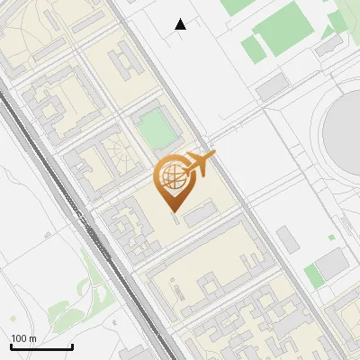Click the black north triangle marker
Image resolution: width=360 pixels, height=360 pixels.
tap(181, 24)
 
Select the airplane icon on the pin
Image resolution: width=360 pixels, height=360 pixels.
tap(199, 164)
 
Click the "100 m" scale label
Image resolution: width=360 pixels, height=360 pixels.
tap(23, 338)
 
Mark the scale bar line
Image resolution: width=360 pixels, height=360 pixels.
tap(41, 347)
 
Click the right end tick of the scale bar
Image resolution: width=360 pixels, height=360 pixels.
tap(72, 346)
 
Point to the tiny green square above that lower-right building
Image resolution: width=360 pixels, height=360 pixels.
tap(331, 238)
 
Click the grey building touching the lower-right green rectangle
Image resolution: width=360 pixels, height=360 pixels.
tap(332, 265)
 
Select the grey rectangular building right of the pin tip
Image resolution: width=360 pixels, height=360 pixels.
tap(201, 212)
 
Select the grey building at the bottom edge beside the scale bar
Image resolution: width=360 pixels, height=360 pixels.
tap(133, 353)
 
